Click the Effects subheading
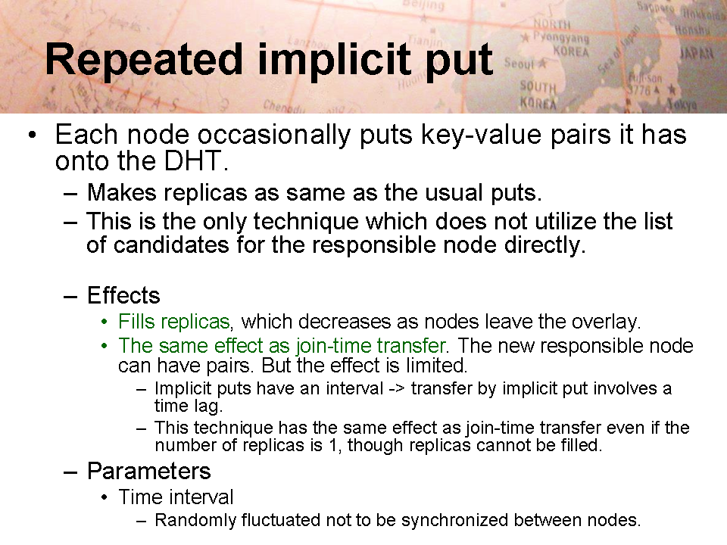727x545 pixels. click(123, 295)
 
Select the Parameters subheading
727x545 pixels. click(149, 471)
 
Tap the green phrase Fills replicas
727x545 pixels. click(174, 321)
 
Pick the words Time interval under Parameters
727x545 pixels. click(176, 497)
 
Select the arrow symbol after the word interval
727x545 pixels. click(396, 388)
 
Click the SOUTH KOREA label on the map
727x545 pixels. click(538, 95)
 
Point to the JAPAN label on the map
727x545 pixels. click(696, 53)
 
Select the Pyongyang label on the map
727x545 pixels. click(560, 37)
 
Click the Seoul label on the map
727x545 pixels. click(519, 63)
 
